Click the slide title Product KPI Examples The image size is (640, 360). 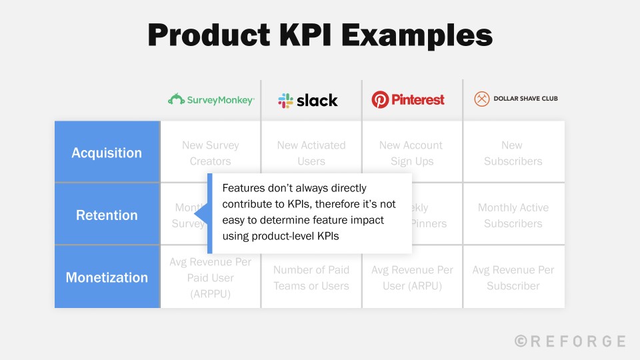click(320, 35)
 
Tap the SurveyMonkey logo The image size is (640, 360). click(211, 100)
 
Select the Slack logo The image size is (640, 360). click(308, 100)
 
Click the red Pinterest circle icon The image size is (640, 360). click(380, 100)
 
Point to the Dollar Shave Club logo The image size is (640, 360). click(515, 99)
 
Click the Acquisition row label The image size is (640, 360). click(107, 153)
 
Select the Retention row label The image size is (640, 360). click(107, 215)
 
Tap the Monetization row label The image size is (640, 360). click(107, 277)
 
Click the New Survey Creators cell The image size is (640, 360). click(211, 153)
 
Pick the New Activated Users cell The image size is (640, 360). click(311, 153)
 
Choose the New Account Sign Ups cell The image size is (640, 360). click(411, 153)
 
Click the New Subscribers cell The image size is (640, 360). click(513, 153)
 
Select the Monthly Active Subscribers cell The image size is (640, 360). click(513, 215)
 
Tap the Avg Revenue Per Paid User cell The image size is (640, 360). click(211, 277)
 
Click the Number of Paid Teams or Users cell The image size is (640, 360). click(311, 277)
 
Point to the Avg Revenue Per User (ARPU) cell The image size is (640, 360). click(412, 277)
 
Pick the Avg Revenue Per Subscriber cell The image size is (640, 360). click(513, 277)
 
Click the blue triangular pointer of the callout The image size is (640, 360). click(201, 215)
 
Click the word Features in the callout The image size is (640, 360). click(241, 189)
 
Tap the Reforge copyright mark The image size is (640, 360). click(521, 341)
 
